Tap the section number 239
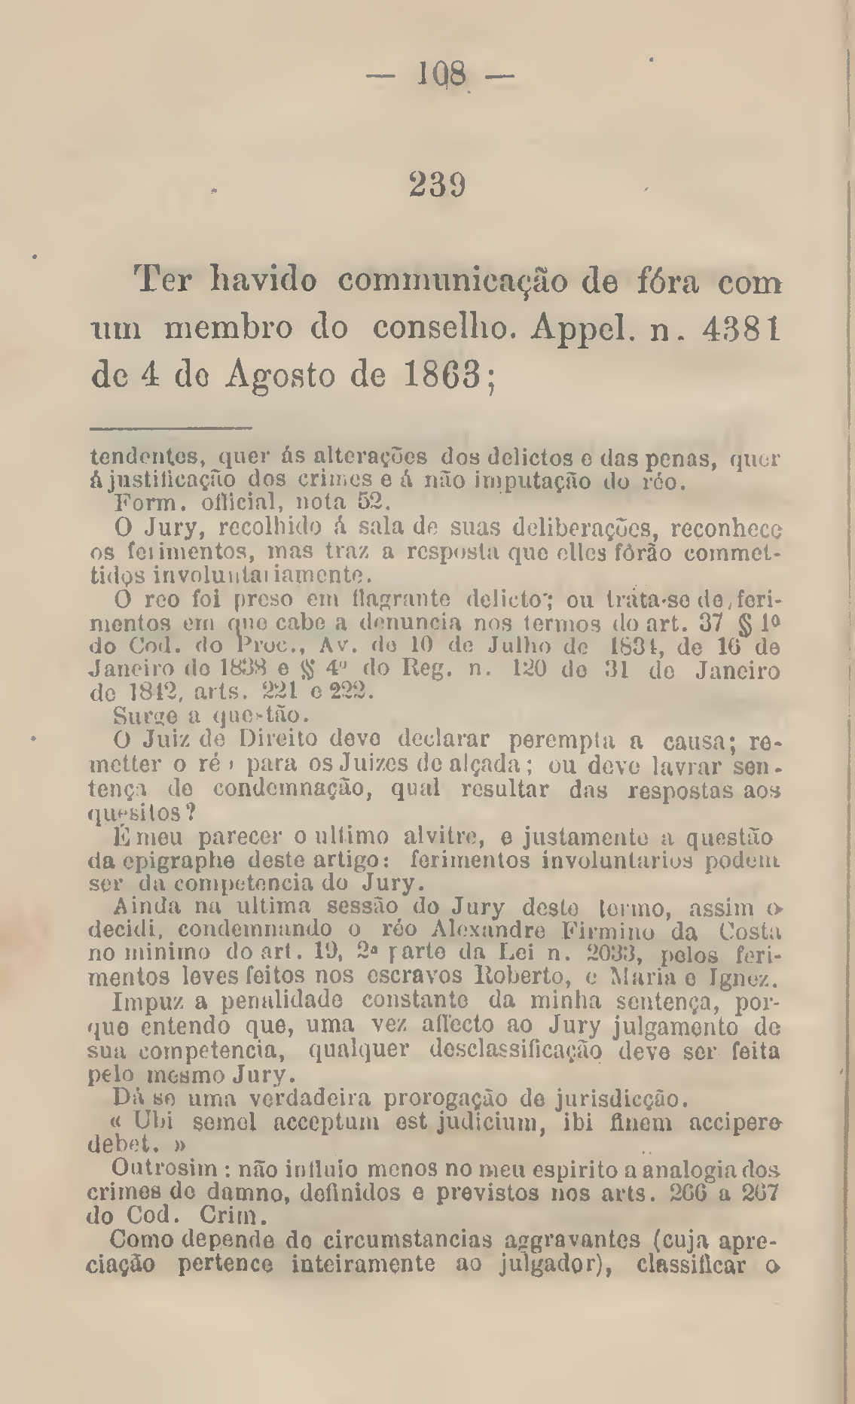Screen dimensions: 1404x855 point(437,184)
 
